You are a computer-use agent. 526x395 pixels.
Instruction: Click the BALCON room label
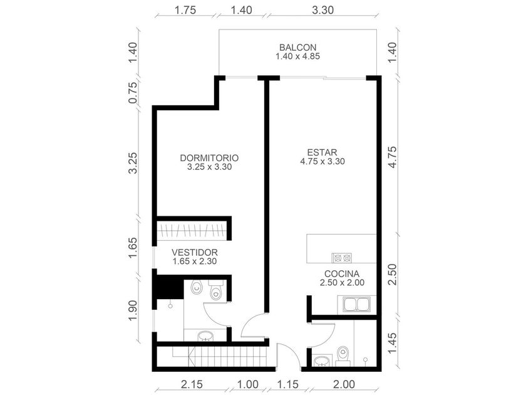click(297, 48)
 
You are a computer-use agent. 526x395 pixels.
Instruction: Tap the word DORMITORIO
click(209, 158)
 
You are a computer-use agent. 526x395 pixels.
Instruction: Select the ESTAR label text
click(322, 152)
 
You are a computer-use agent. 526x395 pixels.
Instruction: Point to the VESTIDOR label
click(195, 252)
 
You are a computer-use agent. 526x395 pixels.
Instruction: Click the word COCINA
click(342, 274)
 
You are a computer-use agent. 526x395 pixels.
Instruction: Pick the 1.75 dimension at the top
click(185, 10)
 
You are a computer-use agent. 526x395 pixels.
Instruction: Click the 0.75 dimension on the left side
click(133, 93)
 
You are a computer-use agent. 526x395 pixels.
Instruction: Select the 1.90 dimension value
click(133, 310)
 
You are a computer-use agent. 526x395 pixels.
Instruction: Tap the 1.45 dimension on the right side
click(392, 344)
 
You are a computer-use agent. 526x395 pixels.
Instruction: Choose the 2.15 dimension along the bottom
click(192, 384)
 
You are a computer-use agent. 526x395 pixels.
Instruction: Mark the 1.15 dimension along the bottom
click(288, 384)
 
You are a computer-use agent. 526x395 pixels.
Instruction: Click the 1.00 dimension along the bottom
click(248, 384)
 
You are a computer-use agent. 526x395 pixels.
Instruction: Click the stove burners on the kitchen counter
click(342, 258)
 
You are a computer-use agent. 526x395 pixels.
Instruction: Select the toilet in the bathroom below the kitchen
click(343, 355)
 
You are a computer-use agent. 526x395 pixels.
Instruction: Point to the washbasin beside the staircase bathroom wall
click(205, 336)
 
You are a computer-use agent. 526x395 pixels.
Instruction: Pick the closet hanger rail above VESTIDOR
click(193, 231)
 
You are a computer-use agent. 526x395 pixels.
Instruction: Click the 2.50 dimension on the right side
click(392, 275)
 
